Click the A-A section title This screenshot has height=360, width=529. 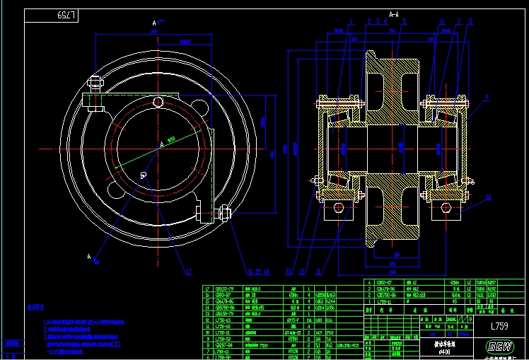[x=394, y=13]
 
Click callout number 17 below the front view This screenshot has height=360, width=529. [x=188, y=271]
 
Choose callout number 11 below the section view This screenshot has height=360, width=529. [x=318, y=271]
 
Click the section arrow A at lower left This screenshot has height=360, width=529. [x=90, y=256]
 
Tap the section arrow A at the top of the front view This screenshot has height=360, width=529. [x=153, y=23]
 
